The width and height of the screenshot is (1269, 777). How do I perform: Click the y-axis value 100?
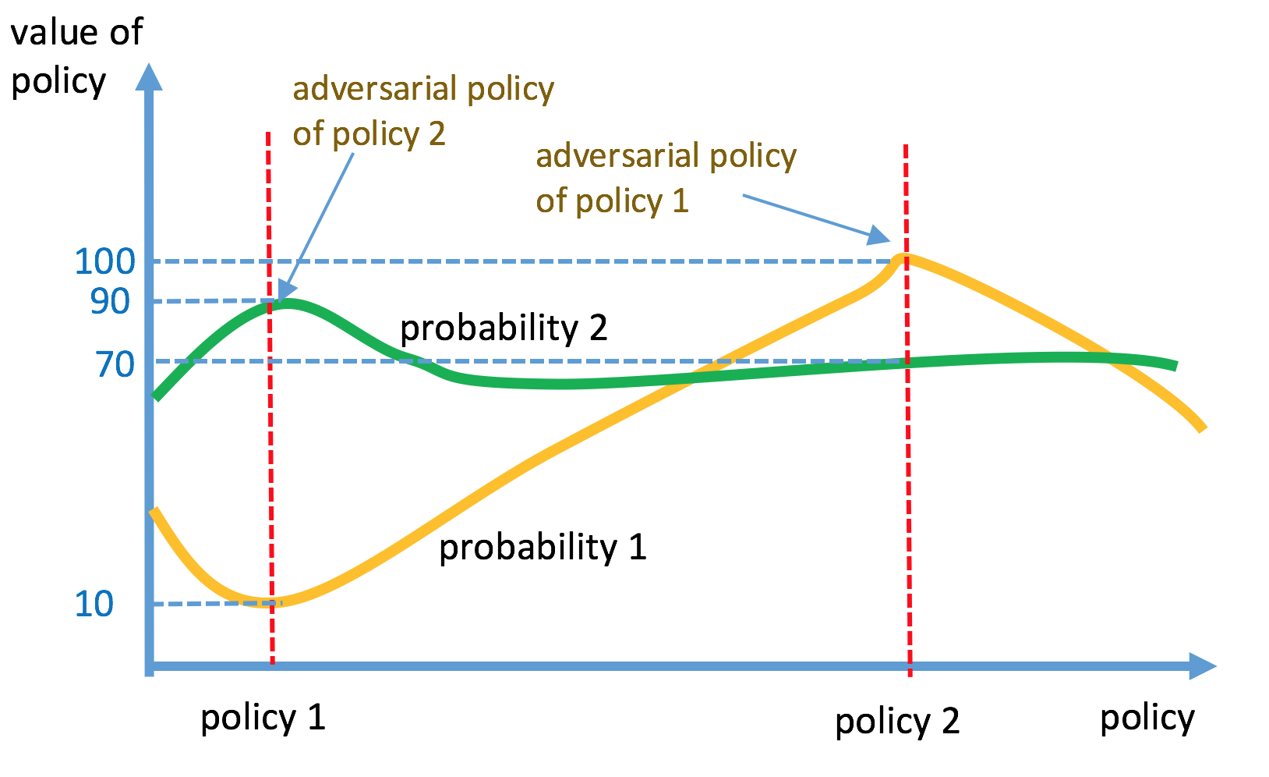coord(104,261)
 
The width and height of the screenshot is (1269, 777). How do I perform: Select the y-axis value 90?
coord(110,301)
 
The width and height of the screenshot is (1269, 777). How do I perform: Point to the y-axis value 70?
coord(115,364)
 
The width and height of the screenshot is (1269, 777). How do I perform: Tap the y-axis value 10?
coord(94,604)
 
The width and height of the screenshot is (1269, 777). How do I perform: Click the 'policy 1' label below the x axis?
coord(263,718)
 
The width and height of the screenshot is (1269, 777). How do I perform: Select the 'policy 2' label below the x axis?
coord(897,722)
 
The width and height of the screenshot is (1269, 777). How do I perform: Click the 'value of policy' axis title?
coord(76,57)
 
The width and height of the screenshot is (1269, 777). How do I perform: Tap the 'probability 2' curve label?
coord(504,328)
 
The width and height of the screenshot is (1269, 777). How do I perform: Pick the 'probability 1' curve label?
coord(543,548)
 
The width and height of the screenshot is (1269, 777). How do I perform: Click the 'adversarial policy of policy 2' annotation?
coord(423,112)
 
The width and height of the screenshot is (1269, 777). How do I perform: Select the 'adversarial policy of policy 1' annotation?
coord(666,179)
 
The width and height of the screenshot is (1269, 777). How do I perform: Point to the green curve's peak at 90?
coord(288,303)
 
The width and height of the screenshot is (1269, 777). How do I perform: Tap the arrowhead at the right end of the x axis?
coord(1202,666)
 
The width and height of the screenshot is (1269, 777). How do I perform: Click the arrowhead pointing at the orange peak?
coord(880,236)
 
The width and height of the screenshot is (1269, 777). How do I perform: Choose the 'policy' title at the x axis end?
coord(1147,718)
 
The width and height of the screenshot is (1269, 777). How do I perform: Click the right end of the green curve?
coord(1176,366)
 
